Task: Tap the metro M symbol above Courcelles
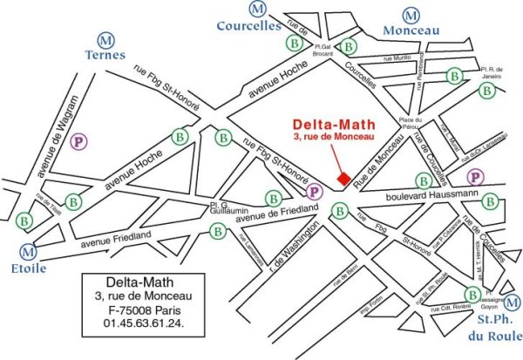coord(257,10)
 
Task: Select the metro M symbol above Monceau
coord(411,15)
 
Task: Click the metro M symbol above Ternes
coord(106,40)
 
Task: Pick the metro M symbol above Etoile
coord(30,251)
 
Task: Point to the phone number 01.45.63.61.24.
coord(146,324)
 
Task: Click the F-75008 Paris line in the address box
coord(146,310)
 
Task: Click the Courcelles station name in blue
coord(257,25)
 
